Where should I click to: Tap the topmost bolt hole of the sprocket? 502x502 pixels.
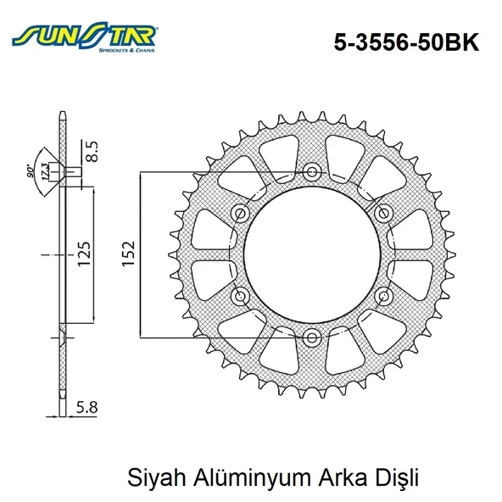312,172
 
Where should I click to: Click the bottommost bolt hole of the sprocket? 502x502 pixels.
312,337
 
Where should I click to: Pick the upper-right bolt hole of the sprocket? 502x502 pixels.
384,213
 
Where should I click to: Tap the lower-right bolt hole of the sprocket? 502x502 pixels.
384,296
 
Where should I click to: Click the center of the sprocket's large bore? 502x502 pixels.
312,254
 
